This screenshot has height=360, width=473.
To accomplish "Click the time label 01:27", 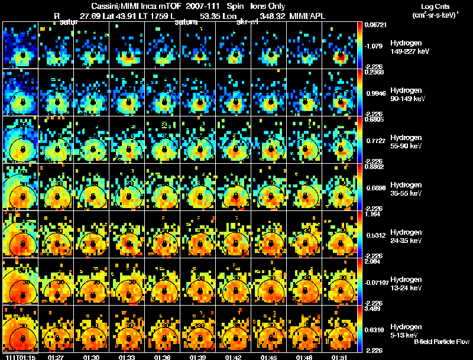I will click(x=56, y=357).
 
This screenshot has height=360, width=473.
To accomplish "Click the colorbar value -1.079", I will click(x=376, y=45).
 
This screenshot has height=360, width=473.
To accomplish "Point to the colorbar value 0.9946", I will click(x=376, y=93).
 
